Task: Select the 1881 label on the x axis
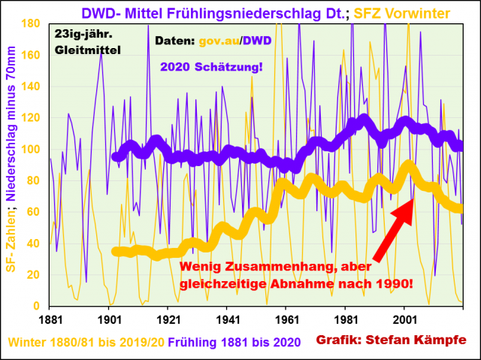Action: click(x=50, y=319)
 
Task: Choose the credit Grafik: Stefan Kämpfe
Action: click(x=390, y=340)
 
